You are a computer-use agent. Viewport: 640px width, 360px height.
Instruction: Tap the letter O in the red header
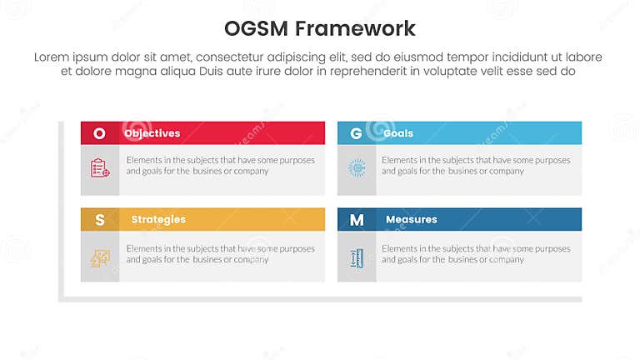click(x=100, y=133)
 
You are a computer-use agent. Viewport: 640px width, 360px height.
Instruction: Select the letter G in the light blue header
click(x=356, y=133)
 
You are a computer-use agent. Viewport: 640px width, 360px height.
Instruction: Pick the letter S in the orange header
click(x=100, y=220)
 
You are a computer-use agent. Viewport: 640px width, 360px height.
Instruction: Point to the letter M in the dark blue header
click(x=357, y=220)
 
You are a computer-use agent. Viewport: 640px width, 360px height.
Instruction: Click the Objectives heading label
click(x=152, y=133)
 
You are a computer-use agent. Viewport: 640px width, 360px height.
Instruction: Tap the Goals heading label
click(x=398, y=133)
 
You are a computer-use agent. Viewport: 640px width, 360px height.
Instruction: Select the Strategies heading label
click(x=158, y=220)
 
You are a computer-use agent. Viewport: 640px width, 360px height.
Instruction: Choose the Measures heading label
click(x=412, y=220)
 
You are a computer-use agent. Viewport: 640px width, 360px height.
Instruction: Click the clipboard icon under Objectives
click(x=100, y=167)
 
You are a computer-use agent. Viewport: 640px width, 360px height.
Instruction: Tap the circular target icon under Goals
click(x=357, y=167)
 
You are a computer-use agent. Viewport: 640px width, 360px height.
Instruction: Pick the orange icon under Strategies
click(x=100, y=258)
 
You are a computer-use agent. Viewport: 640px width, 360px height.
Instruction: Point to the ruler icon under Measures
click(x=357, y=258)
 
